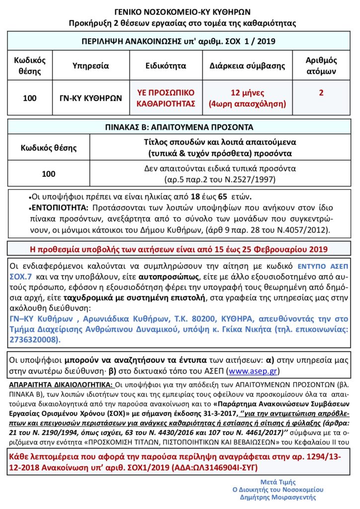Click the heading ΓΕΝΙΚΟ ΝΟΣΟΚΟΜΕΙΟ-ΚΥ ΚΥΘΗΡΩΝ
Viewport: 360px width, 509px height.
pyautogui.click(x=180, y=12)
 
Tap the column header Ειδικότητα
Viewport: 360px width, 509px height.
pyautogui.click(x=166, y=66)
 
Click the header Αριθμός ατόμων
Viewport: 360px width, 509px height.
pyautogui.click(x=321, y=66)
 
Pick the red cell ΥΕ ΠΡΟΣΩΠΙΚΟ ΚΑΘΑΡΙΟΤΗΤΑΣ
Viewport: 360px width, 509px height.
pyautogui.click(x=166, y=98)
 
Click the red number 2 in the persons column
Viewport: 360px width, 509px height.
pyautogui.click(x=321, y=93)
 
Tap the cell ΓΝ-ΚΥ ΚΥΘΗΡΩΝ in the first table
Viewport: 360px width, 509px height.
pyautogui.click(x=88, y=98)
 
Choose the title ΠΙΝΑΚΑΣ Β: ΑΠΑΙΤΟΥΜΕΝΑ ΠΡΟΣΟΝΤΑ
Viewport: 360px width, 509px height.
pyautogui.click(x=180, y=127)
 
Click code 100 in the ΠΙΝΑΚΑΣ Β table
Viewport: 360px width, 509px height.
pyautogui.click(x=49, y=174)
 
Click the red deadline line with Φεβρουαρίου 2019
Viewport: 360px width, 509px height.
pyautogui.click(x=180, y=248)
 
